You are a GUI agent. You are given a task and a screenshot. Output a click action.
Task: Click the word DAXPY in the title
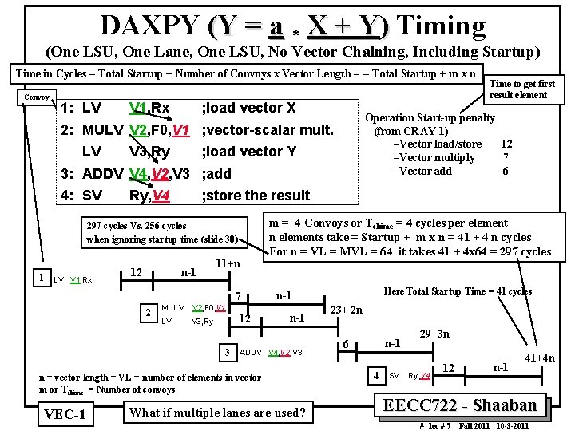149,26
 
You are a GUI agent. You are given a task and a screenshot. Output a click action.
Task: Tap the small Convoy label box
37,97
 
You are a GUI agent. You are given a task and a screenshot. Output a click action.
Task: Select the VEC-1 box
66,414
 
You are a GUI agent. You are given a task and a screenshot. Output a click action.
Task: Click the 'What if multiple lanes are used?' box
217,413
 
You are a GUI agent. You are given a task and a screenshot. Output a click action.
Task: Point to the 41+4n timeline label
539,358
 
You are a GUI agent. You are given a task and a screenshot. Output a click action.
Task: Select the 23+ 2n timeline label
347,310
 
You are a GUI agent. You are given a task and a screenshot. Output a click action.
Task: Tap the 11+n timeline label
229,263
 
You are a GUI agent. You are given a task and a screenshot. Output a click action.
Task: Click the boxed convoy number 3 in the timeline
228,352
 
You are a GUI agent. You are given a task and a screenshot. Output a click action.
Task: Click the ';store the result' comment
256,195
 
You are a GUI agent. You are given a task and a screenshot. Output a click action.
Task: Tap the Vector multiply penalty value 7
506,157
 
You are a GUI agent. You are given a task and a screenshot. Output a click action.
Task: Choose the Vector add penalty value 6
506,171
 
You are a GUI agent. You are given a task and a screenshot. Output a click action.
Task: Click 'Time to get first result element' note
521,89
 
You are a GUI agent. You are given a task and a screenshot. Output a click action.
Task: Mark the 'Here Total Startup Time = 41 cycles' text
458,291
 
